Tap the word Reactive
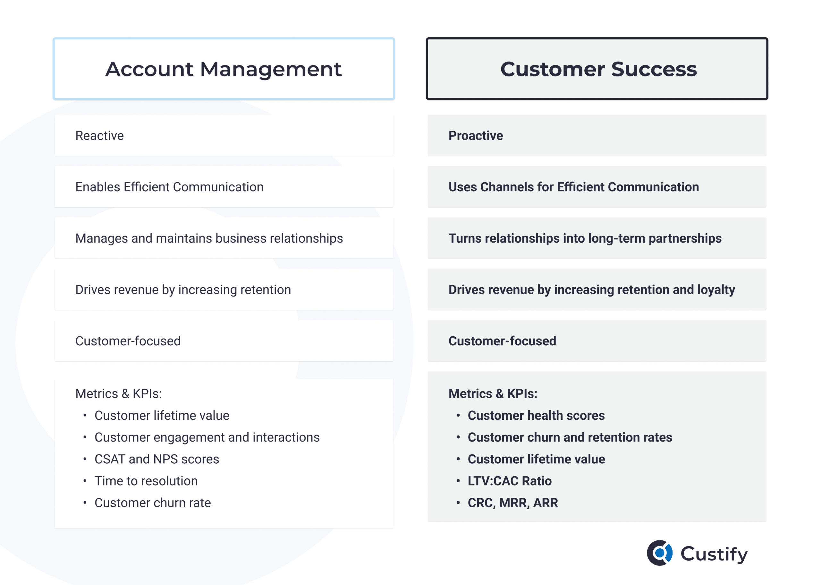[x=99, y=136]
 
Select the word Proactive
[x=476, y=136]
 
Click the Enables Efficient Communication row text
[x=169, y=187]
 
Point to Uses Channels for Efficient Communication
[x=573, y=187]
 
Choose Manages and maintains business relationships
[x=209, y=238]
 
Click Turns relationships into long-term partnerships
[x=585, y=238]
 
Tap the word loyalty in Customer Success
[x=716, y=290]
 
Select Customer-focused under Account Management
[x=128, y=341]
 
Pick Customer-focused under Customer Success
[x=502, y=341]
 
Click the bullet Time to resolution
[x=146, y=481]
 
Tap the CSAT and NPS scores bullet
[x=157, y=459]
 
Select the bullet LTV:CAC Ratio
[x=509, y=481]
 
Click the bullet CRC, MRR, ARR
[x=512, y=503]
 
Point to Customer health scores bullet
[x=536, y=416]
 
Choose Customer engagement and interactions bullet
[x=207, y=437]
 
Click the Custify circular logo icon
[x=659, y=553]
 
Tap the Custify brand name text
[x=714, y=554]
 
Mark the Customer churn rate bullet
[x=153, y=503]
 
